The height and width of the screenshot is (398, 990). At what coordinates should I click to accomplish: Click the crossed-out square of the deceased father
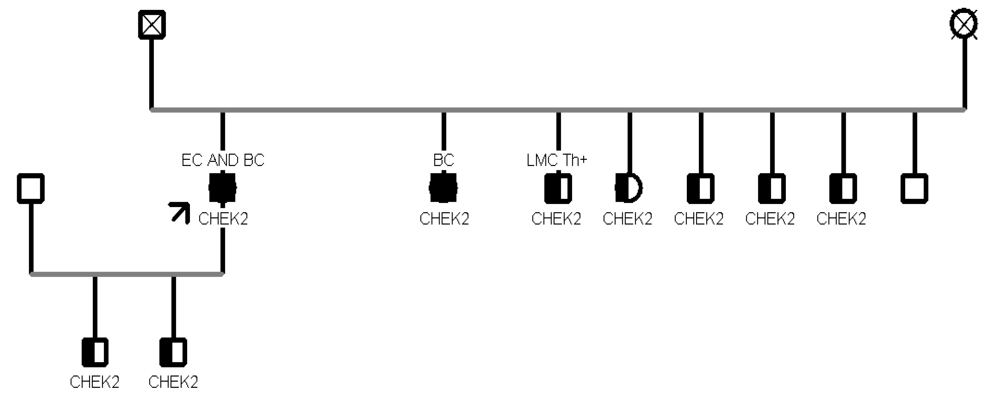152,24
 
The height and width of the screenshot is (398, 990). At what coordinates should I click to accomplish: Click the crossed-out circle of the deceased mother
963,24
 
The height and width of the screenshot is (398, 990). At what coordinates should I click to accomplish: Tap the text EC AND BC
222,160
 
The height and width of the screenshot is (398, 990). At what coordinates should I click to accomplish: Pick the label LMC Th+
557,160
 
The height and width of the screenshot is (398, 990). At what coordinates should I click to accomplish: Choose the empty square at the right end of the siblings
914,188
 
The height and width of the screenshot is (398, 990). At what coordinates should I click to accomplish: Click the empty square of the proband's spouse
31,188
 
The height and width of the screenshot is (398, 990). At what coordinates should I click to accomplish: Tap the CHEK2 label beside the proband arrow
223,219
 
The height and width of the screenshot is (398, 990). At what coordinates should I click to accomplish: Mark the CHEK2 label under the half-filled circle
627,219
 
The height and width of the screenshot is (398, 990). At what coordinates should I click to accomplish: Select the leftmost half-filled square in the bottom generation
95,352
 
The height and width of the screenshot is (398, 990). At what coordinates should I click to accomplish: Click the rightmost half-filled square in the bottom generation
173,352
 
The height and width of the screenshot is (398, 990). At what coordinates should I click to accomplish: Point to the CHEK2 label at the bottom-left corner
95,382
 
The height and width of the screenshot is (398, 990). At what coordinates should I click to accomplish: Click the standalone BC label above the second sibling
444,160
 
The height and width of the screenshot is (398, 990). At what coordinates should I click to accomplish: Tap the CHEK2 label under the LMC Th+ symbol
556,219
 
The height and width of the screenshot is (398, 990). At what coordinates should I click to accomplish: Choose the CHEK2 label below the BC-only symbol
444,219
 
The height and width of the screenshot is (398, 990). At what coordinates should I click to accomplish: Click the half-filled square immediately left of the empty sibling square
843,188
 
